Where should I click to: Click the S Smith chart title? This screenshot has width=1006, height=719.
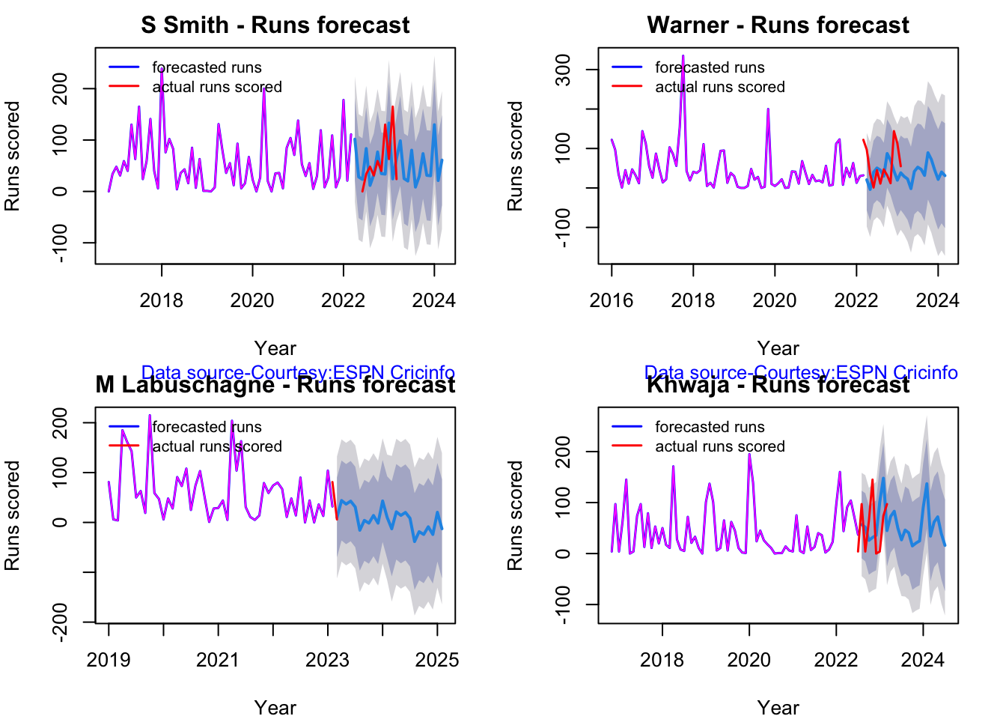pyautogui.click(x=275, y=25)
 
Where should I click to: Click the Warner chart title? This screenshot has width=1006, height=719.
pyautogui.click(x=778, y=25)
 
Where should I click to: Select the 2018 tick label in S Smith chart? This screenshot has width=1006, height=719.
pyautogui.click(x=161, y=300)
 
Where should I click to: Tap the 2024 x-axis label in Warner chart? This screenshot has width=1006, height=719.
pyautogui.click(x=937, y=300)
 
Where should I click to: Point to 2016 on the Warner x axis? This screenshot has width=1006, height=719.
pyautogui.click(x=611, y=300)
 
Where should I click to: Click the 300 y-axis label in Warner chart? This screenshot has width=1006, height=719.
pyautogui.click(x=564, y=70)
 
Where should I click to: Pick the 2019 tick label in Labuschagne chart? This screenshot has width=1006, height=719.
pyautogui.click(x=109, y=660)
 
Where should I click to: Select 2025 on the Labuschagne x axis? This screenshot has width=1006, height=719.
pyautogui.click(x=437, y=660)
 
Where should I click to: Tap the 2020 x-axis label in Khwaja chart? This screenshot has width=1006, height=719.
pyautogui.click(x=749, y=660)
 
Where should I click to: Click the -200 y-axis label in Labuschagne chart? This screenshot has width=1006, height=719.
pyautogui.click(x=61, y=622)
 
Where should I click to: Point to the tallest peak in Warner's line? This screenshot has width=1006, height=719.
pyautogui.click(x=683, y=56)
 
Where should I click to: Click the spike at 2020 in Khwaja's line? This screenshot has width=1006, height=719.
pyautogui.click(x=749, y=455)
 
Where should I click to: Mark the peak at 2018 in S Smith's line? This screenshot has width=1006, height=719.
pyautogui.click(x=162, y=68)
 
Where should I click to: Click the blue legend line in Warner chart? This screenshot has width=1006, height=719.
pyautogui.click(x=627, y=67)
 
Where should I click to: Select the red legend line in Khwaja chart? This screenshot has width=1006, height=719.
pyautogui.click(x=627, y=446)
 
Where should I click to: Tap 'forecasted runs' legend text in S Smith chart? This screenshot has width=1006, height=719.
pyautogui.click(x=207, y=67)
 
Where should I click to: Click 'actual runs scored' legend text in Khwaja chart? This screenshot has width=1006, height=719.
pyautogui.click(x=720, y=446)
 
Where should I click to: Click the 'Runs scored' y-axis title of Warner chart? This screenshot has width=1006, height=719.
pyautogui.click(x=515, y=156)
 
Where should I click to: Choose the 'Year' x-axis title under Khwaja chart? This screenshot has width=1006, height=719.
pyautogui.click(x=778, y=708)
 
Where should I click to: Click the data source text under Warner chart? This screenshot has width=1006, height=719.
pyautogui.click(x=801, y=372)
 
